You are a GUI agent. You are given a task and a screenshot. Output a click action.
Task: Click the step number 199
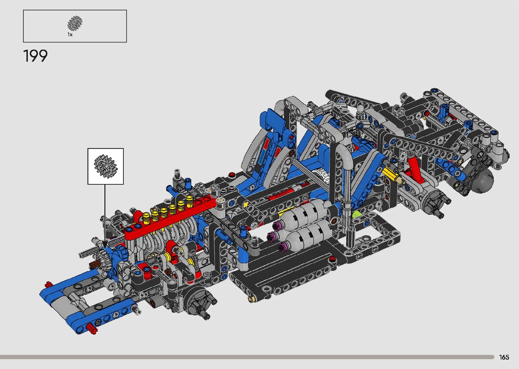coord(35,56)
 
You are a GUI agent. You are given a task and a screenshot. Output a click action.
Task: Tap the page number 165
coord(504,357)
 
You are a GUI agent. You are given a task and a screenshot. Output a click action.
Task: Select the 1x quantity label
coord(70,35)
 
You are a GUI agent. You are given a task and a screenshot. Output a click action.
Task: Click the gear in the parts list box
coord(75,23)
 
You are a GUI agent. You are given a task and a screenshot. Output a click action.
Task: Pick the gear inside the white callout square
coord(106,166)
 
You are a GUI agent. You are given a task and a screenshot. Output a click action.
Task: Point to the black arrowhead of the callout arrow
coord(105,245)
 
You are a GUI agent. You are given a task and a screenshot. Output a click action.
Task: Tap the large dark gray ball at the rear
coord(483,180)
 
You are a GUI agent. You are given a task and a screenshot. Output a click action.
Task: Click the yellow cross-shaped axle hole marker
coord(245,205)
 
